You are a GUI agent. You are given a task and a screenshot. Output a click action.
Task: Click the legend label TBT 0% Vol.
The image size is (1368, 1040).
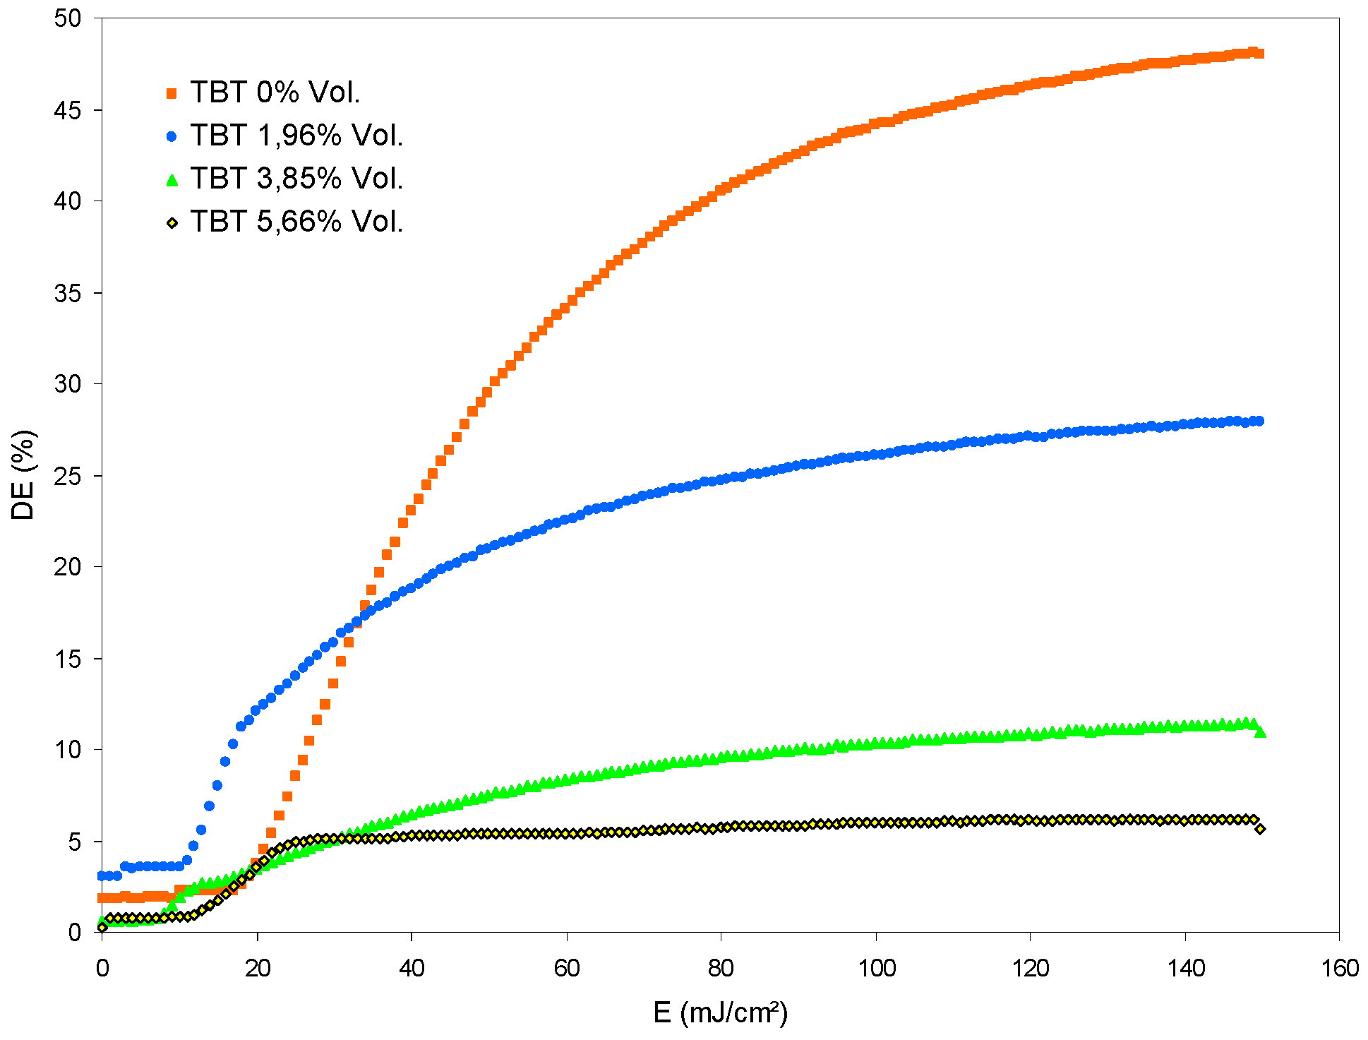coord(275,92)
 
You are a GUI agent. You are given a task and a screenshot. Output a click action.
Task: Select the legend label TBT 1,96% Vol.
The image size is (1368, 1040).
coord(296,136)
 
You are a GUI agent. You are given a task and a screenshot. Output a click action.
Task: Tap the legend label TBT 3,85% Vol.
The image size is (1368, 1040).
coord(296,179)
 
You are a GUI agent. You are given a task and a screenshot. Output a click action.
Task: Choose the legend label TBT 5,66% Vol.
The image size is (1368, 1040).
coord(296,222)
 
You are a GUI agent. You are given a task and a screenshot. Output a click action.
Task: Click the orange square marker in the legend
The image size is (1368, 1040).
coord(172,93)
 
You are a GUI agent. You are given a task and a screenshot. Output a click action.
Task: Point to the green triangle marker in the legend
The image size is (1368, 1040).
coord(172,179)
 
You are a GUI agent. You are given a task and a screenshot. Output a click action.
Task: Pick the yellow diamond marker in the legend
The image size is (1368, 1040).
coord(172,223)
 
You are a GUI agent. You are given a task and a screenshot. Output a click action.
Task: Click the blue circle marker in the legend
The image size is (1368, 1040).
coord(172,136)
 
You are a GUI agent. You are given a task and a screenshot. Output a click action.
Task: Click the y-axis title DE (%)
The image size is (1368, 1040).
coord(23,474)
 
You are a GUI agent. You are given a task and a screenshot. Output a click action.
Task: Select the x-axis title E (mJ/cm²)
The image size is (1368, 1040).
coord(720,1012)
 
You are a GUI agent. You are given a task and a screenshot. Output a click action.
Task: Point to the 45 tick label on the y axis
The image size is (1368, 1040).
coord(68,110)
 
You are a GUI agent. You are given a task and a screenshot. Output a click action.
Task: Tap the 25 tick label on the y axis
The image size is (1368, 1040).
coord(68,476)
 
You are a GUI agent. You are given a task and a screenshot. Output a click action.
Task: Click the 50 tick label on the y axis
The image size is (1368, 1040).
coord(68,18)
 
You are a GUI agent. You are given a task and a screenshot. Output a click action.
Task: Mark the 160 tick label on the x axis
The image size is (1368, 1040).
coord(1338,968)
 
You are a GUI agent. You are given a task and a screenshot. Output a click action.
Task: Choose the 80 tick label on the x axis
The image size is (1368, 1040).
coord(721,968)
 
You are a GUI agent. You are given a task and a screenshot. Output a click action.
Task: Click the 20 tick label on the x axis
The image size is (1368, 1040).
coord(257,968)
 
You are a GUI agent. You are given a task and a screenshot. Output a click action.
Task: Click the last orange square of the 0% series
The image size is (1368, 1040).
coord(1259,54)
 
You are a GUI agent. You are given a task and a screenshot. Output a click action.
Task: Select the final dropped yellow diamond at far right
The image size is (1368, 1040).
coord(1260,829)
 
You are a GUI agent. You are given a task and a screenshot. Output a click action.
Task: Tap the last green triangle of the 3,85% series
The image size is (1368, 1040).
coord(1261,733)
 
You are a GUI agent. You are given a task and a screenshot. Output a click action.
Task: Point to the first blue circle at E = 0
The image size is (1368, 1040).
coord(102,875)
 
